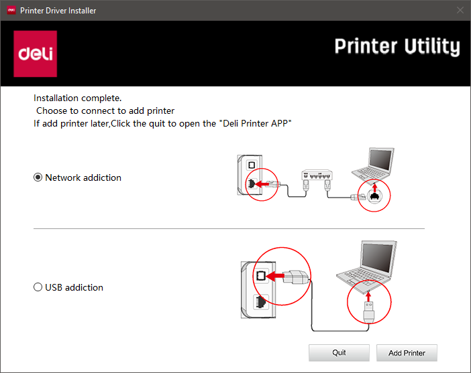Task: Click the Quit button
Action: coord(339,353)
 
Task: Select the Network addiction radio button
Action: coord(38,177)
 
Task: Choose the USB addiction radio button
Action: coord(38,287)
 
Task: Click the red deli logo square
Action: coord(35,54)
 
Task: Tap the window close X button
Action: coord(460,10)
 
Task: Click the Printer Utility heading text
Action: coord(397,46)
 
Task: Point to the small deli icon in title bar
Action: coord(11,10)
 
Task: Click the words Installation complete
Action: coord(78,98)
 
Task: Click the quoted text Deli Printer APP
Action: coord(257,123)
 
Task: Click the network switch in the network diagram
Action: coord(317,175)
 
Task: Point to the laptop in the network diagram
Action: coord(373,164)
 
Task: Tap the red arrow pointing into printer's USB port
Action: coord(275,276)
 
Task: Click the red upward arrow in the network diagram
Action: coord(374,188)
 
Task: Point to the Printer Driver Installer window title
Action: coord(58,11)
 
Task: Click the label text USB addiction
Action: coord(74,287)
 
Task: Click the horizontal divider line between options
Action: coord(229,228)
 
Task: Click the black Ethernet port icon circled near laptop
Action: coord(374,196)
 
